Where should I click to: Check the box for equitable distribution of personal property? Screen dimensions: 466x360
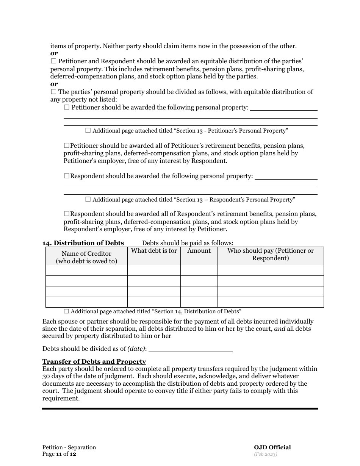click(53, 61)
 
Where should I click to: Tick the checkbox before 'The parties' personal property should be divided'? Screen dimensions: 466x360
click(53, 92)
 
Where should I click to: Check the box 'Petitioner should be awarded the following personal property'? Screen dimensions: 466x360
click(67, 108)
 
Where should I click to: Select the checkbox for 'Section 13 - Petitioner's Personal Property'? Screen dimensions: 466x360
click(88, 131)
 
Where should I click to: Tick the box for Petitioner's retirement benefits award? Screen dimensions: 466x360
click(67, 145)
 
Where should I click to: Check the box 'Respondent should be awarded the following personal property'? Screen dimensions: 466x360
click(67, 176)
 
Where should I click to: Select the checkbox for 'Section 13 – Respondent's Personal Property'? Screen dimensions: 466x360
click(88, 199)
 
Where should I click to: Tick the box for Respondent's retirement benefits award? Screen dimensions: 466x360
click(67, 214)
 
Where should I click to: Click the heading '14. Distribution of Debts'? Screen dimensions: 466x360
click(83, 243)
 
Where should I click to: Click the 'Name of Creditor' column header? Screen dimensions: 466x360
click(86, 257)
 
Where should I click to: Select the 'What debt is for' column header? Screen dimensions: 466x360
click(154, 251)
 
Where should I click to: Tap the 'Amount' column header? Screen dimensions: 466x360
click(199, 251)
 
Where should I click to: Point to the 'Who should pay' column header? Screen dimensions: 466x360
click(271, 254)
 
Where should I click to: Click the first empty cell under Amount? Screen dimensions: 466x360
click(199, 270)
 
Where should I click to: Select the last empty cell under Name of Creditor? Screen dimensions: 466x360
click(86, 302)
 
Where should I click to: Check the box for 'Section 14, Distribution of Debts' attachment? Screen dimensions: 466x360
click(66, 311)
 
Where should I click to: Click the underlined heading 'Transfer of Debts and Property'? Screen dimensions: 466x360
click(94, 361)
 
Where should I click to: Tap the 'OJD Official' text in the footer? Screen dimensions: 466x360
click(272, 447)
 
